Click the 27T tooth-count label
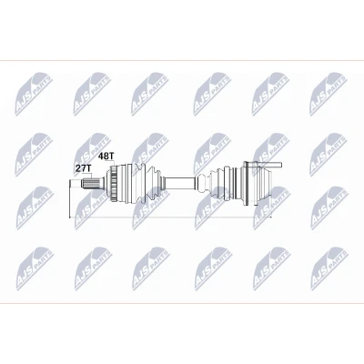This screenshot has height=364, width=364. (84, 168)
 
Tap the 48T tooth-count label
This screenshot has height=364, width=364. (106, 157)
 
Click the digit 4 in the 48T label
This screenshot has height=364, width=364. (101, 157)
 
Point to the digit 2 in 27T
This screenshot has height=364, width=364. (78, 168)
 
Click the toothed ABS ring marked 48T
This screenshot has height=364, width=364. (114, 183)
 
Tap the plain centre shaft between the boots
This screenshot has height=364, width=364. (179, 183)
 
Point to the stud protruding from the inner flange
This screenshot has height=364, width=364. (270, 165)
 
